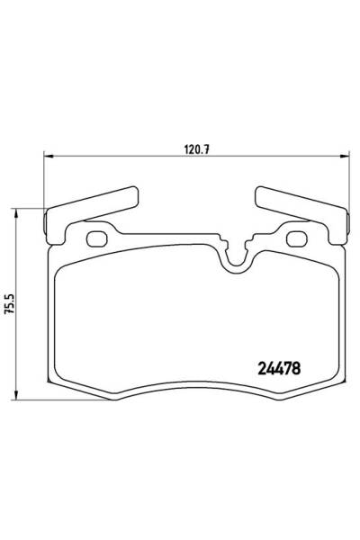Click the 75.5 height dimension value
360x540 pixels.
(x=9, y=303)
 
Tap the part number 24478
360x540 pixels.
(x=279, y=369)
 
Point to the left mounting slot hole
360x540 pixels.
(x=97, y=239)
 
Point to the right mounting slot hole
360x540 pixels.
(x=297, y=239)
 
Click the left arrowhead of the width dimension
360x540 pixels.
(x=49, y=157)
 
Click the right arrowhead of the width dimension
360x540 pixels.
(x=345, y=157)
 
